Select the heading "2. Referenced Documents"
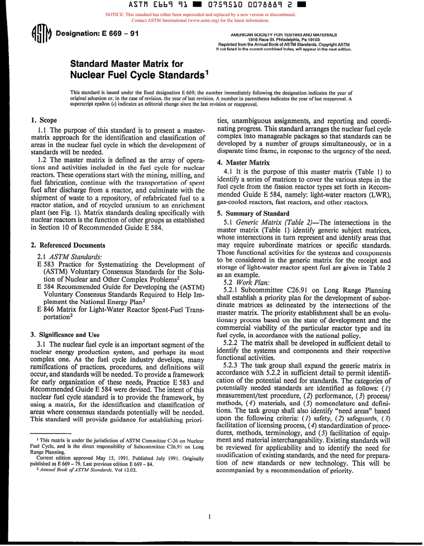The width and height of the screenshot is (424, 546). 68,245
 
